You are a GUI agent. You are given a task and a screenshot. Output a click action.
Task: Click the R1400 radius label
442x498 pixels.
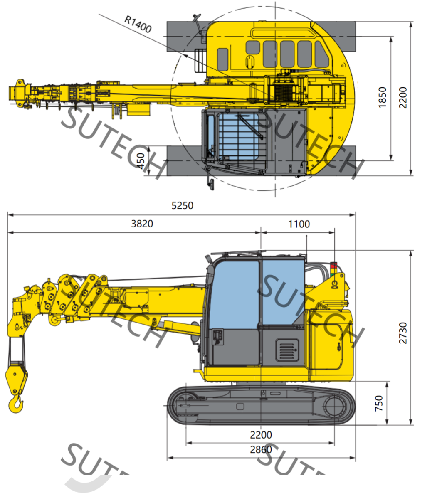tap(138, 24)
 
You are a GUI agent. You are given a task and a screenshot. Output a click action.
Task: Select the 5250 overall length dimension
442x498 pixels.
tap(182, 205)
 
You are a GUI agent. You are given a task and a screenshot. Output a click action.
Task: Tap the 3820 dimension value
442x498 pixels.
tap(142, 224)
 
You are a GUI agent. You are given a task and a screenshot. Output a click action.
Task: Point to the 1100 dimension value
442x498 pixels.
tap(299, 224)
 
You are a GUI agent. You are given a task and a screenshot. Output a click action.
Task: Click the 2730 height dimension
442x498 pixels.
tap(402, 333)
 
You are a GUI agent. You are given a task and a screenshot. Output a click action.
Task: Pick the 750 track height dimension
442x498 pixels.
tap(379, 403)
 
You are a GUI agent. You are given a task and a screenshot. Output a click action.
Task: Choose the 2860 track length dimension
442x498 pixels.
tap(261, 450)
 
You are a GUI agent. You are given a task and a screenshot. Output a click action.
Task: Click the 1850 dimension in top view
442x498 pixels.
tap(382, 98)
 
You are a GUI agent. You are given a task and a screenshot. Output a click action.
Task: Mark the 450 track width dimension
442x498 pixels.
tap(140, 161)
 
